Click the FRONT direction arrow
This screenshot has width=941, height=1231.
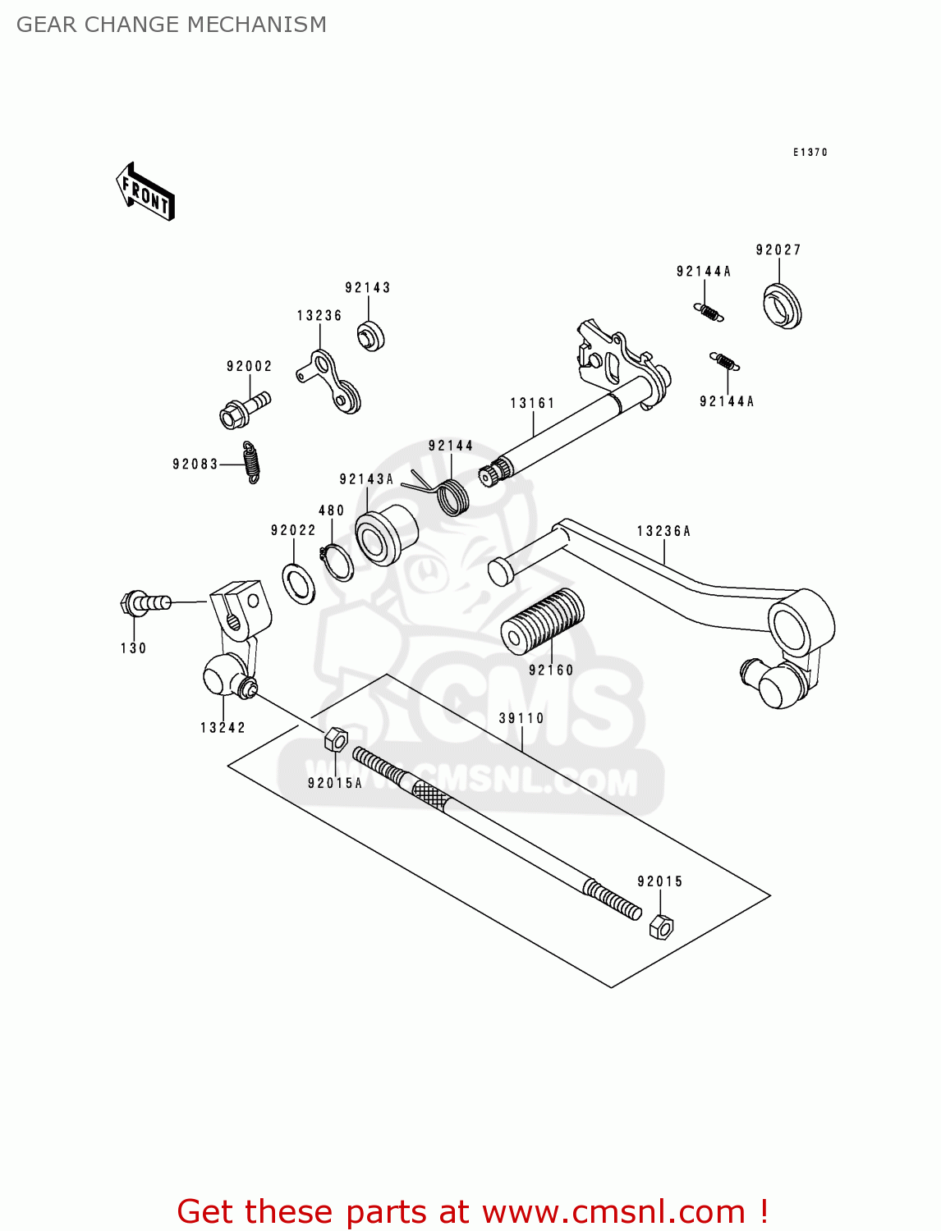point(145,192)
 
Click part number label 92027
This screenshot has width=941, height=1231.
point(778,249)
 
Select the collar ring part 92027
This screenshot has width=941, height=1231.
point(782,306)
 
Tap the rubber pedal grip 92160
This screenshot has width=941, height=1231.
point(543,622)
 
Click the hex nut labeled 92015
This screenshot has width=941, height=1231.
point(661,927)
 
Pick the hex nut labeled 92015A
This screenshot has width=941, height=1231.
point(335,739)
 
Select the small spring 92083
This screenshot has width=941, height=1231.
point(252,463)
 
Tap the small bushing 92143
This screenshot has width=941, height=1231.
point(371,336)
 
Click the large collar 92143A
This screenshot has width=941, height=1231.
point(386,537)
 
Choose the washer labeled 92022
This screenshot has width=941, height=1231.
point(298,583)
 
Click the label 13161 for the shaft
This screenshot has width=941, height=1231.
point(532,403)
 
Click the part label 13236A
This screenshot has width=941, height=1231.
point(663,531)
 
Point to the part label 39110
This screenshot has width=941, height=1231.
point(521,718)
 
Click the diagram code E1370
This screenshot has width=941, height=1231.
point(810,152)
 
